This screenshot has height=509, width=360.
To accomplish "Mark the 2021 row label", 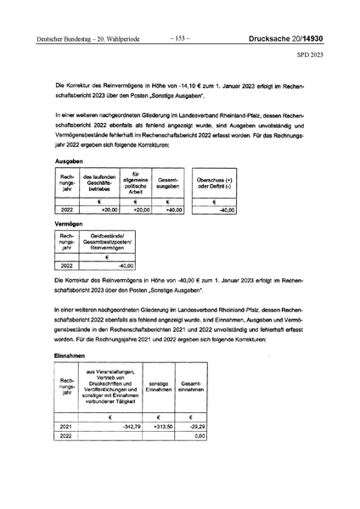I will [67, 426].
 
